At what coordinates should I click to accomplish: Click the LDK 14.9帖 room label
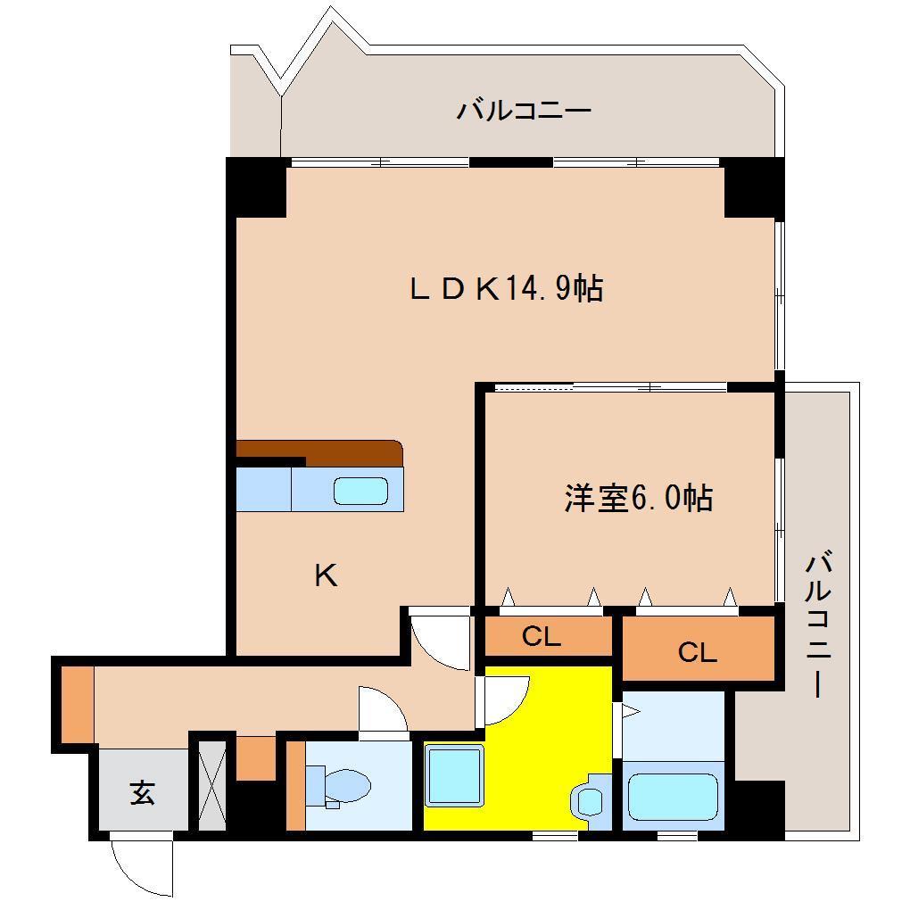point(506,288)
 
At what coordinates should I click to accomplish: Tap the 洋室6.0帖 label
point(637,498)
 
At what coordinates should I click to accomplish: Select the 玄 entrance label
point(142,792)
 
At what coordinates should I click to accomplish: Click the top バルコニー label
point(525,112)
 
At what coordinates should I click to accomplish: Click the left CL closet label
point(541,637)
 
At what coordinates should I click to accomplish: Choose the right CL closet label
point(697,653)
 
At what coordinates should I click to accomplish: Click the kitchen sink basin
point(360,492)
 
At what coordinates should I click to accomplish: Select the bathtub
point(673,797)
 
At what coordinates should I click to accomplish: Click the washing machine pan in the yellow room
point(454,776)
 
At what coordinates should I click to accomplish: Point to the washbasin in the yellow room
point(588,798)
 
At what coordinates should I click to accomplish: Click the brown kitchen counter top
point(321,451)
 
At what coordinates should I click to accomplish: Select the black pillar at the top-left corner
point(256,186)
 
